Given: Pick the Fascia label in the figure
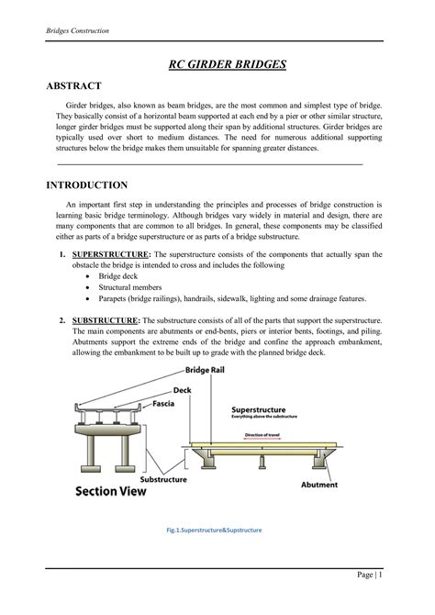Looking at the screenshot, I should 165,403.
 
